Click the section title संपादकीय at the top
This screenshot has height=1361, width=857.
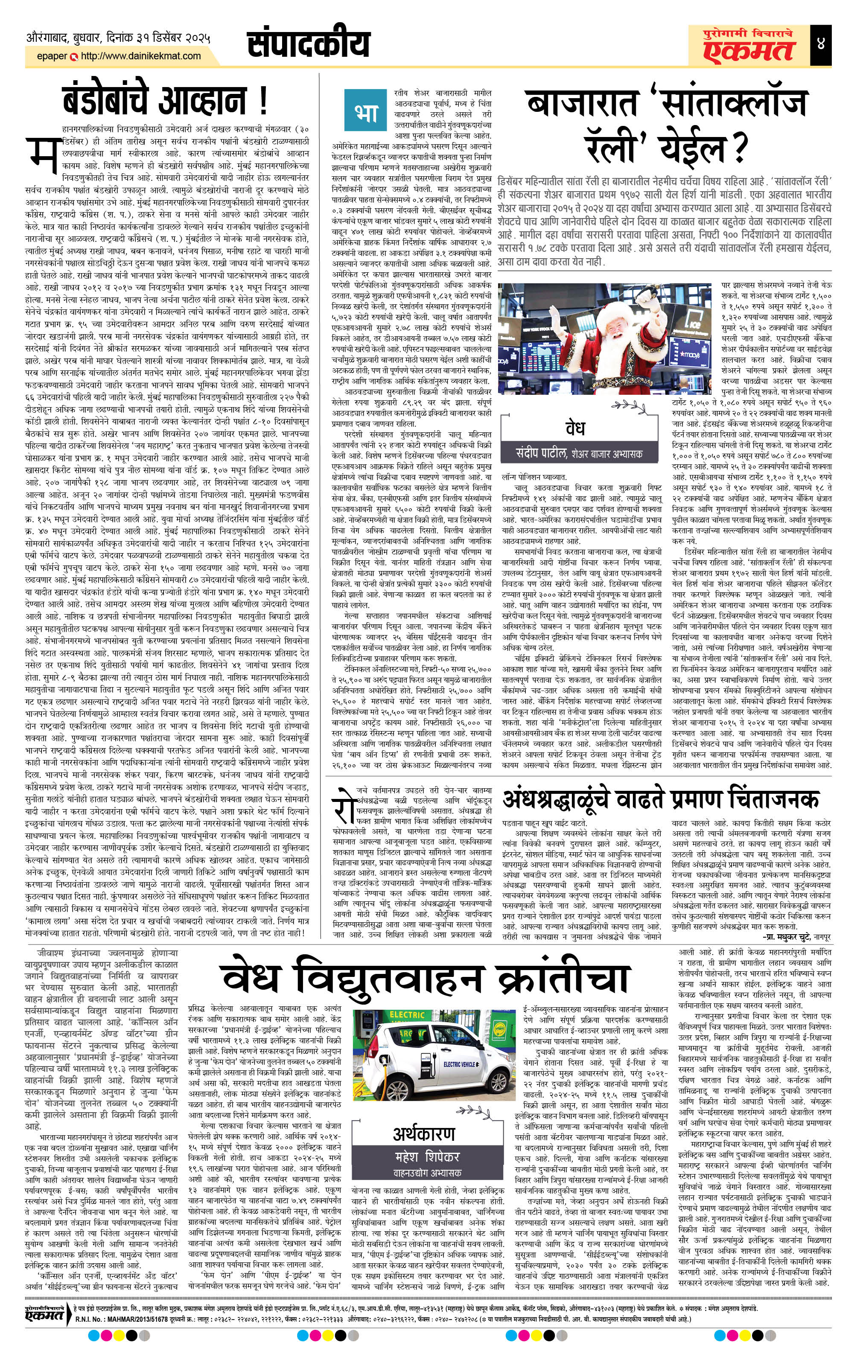pos(308,44)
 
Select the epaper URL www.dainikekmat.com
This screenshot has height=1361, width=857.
pos(141,56)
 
